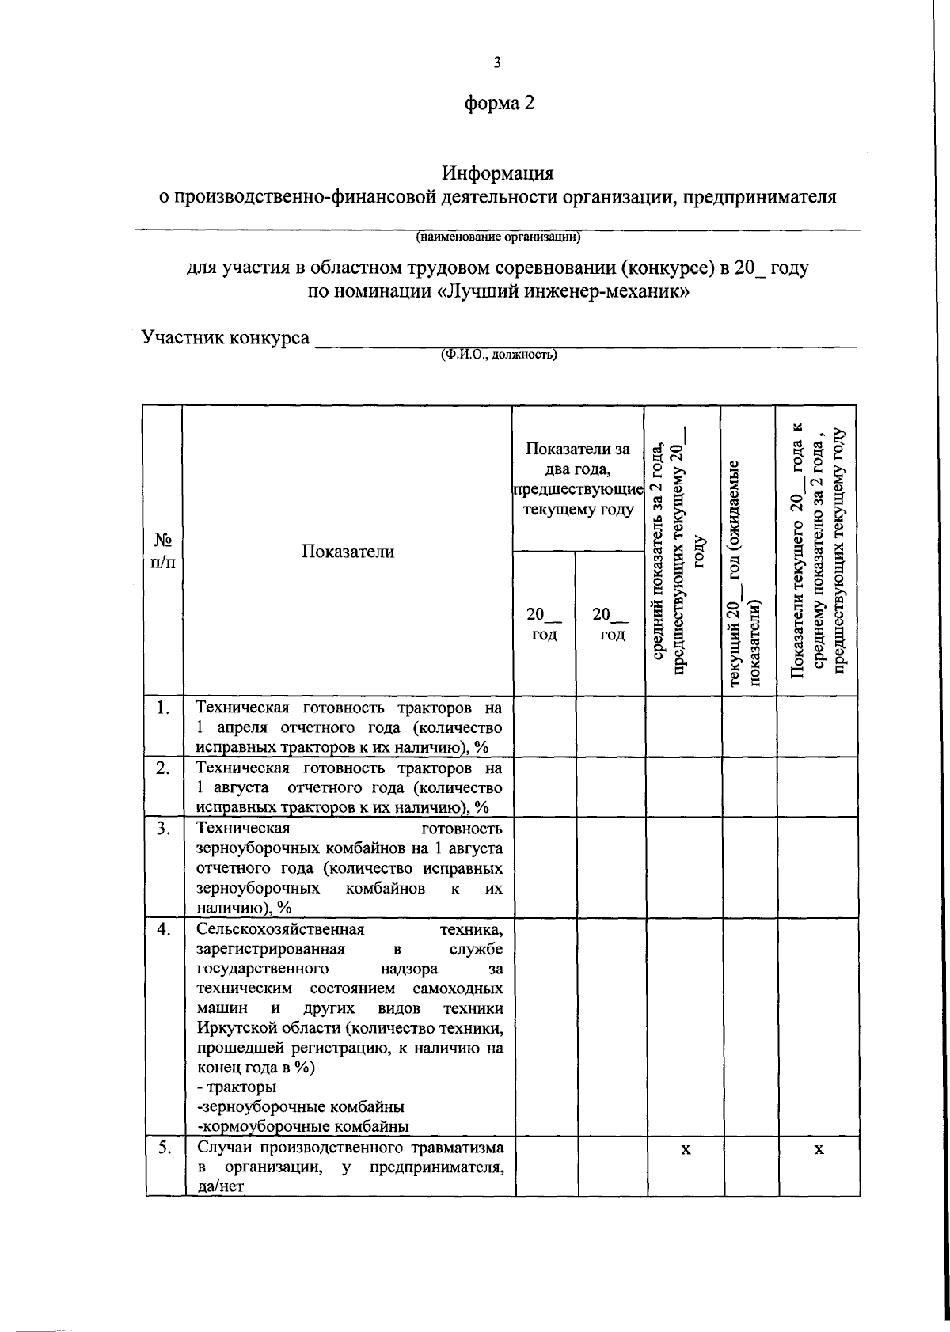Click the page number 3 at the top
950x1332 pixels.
(496, 63)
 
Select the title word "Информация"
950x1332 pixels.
(497, 173)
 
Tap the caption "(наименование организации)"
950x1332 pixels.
(498, 236)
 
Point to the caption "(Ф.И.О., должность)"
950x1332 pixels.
(499, 355)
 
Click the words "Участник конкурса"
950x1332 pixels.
(226, 337)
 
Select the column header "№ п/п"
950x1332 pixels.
(163, 551)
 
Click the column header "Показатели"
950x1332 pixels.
(348, 552)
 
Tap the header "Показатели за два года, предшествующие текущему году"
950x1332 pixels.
(578, 480)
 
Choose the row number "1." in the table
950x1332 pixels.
(163, 708)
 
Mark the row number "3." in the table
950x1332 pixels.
(163, 829)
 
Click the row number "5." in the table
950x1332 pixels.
(163, 1148)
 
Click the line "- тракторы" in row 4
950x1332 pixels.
(237, 1087)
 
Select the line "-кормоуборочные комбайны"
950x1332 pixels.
(303, 1126)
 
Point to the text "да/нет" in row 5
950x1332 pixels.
(218, 1186)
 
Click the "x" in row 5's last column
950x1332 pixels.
(820, 1149)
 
